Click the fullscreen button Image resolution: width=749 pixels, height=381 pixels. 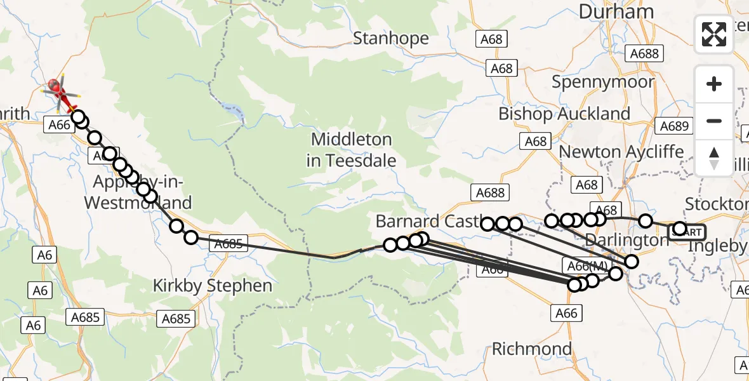[714, 34]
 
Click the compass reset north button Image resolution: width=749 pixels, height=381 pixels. [714, 158]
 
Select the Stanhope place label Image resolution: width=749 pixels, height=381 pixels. [390, 39]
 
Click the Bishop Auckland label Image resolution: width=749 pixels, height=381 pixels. [564, 114]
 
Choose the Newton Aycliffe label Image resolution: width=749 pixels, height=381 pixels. [621, 152]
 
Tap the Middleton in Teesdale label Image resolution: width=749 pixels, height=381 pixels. [352, 150]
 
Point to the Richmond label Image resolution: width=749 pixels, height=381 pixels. [532, 349]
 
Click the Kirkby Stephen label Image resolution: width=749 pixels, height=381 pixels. [212, 286]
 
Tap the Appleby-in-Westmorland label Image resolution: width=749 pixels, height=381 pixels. [138, 192]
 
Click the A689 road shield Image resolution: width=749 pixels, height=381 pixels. [673, 126]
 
